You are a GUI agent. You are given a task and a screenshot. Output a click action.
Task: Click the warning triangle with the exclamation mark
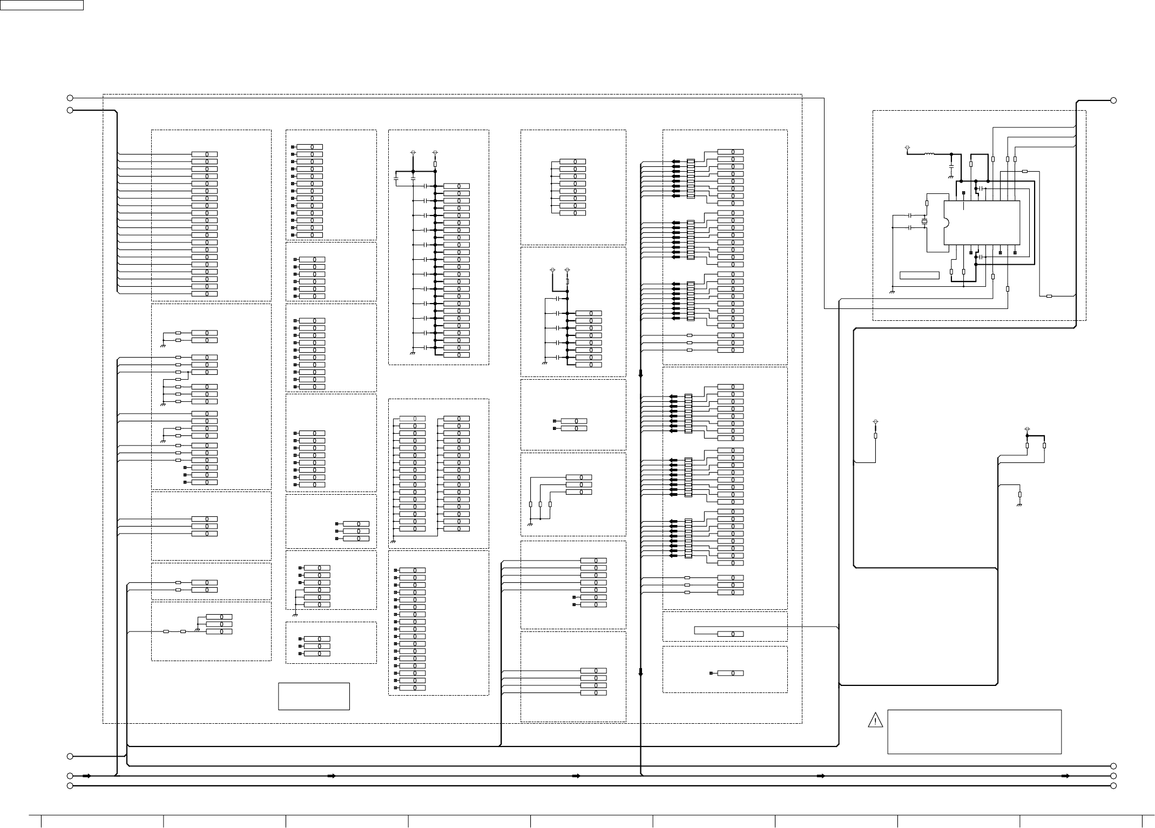tap(875, 720)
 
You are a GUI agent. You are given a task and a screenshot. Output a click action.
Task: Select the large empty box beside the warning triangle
tap(974, 731)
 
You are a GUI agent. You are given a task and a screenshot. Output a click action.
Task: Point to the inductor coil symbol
tap(929, 154)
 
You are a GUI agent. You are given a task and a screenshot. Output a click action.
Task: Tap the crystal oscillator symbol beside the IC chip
tap(924, 222)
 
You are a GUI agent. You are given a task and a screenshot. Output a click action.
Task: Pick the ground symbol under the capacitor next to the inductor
tap(950, 177)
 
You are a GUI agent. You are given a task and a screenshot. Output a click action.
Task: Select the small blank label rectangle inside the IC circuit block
tap(919, 275)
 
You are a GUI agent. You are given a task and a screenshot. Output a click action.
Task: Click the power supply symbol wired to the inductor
tap(907, 147)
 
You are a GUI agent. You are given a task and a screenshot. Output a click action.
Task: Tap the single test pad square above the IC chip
tap(963, 193)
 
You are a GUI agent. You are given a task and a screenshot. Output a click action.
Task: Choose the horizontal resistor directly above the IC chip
tap(1024, 171)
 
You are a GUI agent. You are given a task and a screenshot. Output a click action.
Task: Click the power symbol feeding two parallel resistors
tap(1027, 430)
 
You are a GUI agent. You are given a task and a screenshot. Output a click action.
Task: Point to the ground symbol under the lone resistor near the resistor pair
tap(1019, 505)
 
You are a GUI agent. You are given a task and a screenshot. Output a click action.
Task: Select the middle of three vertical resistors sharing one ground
tap(540, 504)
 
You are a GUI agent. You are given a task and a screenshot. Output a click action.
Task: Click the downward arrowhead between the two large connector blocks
tap(640, 373)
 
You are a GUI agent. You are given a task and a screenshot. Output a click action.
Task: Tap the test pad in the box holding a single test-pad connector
tap(711, 673)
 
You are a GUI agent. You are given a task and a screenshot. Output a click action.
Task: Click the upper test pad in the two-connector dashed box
tap(555, 421)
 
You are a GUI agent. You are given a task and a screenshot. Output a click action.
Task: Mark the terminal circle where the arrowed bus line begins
tap(70, 776)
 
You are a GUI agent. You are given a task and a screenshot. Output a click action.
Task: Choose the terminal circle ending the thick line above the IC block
tap(1113, 100)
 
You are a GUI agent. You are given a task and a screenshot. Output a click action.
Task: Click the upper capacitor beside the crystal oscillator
tap(910, 216)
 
